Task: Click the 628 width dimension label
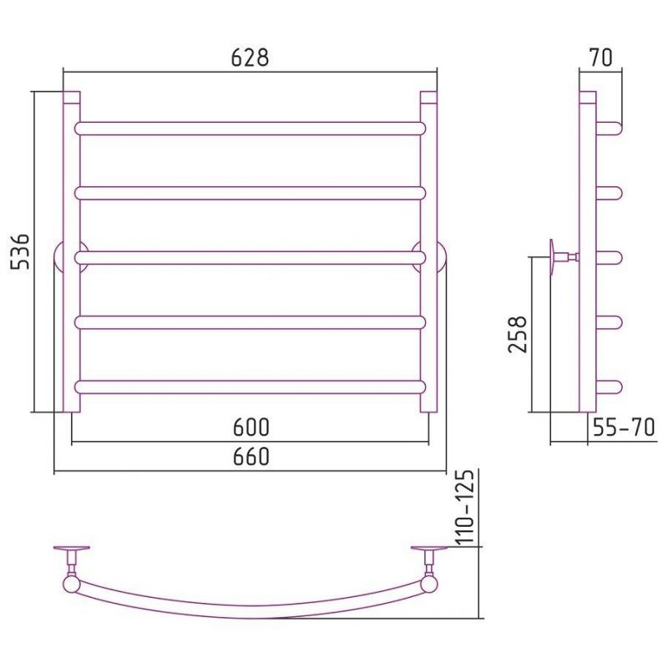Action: (250, 58)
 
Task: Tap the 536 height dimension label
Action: (20, 251)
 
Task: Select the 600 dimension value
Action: (251, 428)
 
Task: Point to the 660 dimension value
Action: (251, 457)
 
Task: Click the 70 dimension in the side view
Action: (600, 58)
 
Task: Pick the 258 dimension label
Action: (518, 335)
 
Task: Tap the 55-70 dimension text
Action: (624, 428)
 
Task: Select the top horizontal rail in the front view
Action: (250, 129)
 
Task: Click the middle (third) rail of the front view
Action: (250, 258)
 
